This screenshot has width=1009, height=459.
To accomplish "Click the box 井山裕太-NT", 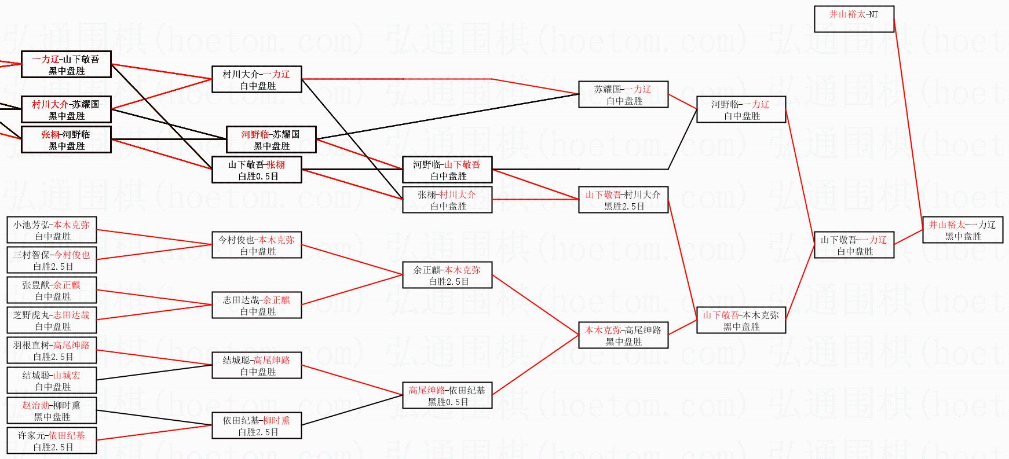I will tap(854, 19).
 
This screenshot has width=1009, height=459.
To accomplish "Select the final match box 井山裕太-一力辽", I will tap(962, 230).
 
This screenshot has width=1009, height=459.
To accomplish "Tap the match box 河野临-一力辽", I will tap(741, 109).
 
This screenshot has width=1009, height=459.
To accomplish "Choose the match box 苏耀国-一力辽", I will tap(623, 94).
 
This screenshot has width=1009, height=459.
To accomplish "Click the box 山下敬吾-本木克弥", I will tap(741, 320).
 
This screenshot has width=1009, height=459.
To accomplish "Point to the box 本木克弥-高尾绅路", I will tap(623, 335).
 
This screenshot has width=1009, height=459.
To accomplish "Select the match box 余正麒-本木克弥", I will tap(447, 275).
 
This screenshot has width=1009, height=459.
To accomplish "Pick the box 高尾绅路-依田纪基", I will tap(447, 395).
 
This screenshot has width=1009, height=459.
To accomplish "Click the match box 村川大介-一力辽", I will tap(257, 79).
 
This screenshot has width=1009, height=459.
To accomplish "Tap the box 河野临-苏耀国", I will tap(270, 139).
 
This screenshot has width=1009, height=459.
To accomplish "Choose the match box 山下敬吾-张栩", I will tap(257, 170).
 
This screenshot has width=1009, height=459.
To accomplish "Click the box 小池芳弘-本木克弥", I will tap(52, 230).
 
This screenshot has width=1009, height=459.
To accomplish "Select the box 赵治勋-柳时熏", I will tap(52, 410).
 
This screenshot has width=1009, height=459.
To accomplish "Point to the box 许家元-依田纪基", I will tap(52, 440).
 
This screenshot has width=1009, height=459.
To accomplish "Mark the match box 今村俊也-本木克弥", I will tap(257, 245).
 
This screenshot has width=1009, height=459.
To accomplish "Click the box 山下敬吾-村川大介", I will tap(623, 200).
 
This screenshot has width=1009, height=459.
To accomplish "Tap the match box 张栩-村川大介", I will tap(447, 200).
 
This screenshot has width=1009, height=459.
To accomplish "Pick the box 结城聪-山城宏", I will tap(52, 380).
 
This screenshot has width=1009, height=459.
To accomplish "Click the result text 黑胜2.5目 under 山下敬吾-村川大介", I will tap(624, 206).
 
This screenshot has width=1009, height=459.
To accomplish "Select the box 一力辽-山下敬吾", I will tap(66, 64).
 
